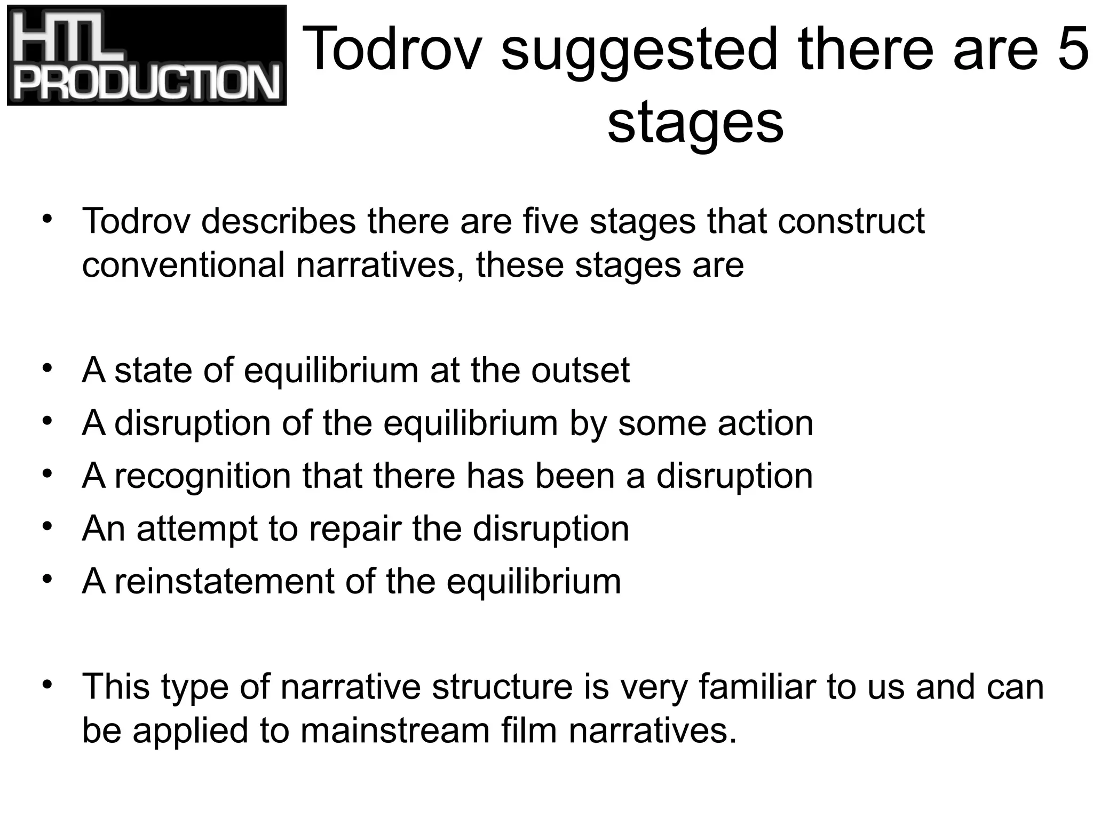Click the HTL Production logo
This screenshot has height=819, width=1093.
click(147, 55)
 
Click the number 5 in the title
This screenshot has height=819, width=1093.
click(1072, 49)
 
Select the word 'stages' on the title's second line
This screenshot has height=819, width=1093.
click(695, 124)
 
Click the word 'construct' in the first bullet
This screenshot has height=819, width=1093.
click(851, 221)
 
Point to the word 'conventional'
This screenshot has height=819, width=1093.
click(183, 265)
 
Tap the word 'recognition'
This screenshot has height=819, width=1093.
click(202, 476)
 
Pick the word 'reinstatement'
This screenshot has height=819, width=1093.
click(224, 581)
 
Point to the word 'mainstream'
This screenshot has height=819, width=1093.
click(395, 730)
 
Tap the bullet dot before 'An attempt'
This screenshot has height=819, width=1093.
click(47, 527)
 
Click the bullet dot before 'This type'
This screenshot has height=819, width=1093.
click(47, 685)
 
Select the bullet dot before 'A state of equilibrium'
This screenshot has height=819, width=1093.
click(47, 368)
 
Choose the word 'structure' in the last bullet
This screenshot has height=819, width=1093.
click(502, 687)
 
